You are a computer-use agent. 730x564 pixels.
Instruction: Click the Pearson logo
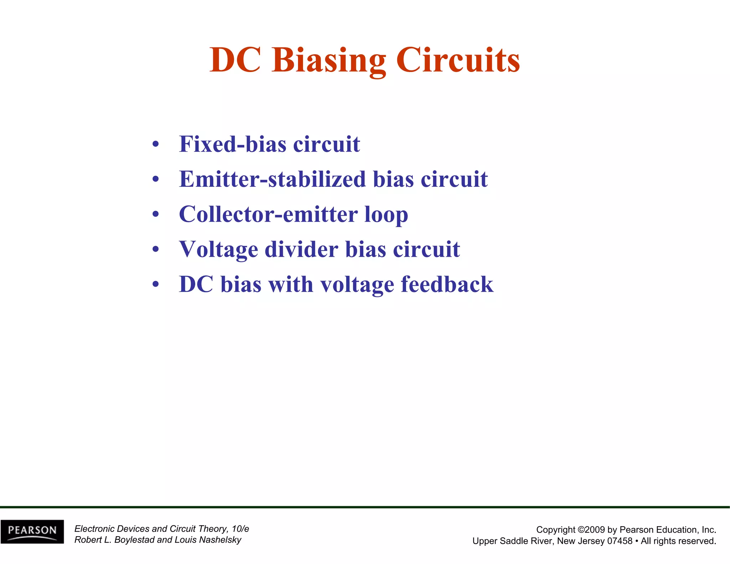pyautogui.click(x=32, y=532)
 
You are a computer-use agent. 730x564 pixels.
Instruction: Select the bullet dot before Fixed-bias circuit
pyautogui.click(x=155, y=145)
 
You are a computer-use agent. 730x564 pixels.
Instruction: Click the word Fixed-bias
pyautogui.click(x=232, y=144)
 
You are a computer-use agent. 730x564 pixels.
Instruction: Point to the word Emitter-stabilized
pyautogui.click(x=272, y=179)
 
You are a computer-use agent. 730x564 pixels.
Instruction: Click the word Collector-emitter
pyautogui.click(x=268, y=214)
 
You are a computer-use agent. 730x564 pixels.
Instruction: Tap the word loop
pyautogui.click(x=386, y=215)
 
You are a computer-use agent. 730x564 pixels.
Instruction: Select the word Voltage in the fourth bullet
pyautogui.click(x=218, y=249)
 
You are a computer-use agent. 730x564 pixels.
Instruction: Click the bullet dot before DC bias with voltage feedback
pyautogui.click(x=155, y=284)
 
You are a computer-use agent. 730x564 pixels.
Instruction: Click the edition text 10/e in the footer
pyautogui.click(x=240, y=529)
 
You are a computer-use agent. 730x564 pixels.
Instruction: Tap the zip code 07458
pyautogui.click(x=620, y=541)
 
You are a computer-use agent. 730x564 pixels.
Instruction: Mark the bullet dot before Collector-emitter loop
pyautogui.click(x=155, y=215)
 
